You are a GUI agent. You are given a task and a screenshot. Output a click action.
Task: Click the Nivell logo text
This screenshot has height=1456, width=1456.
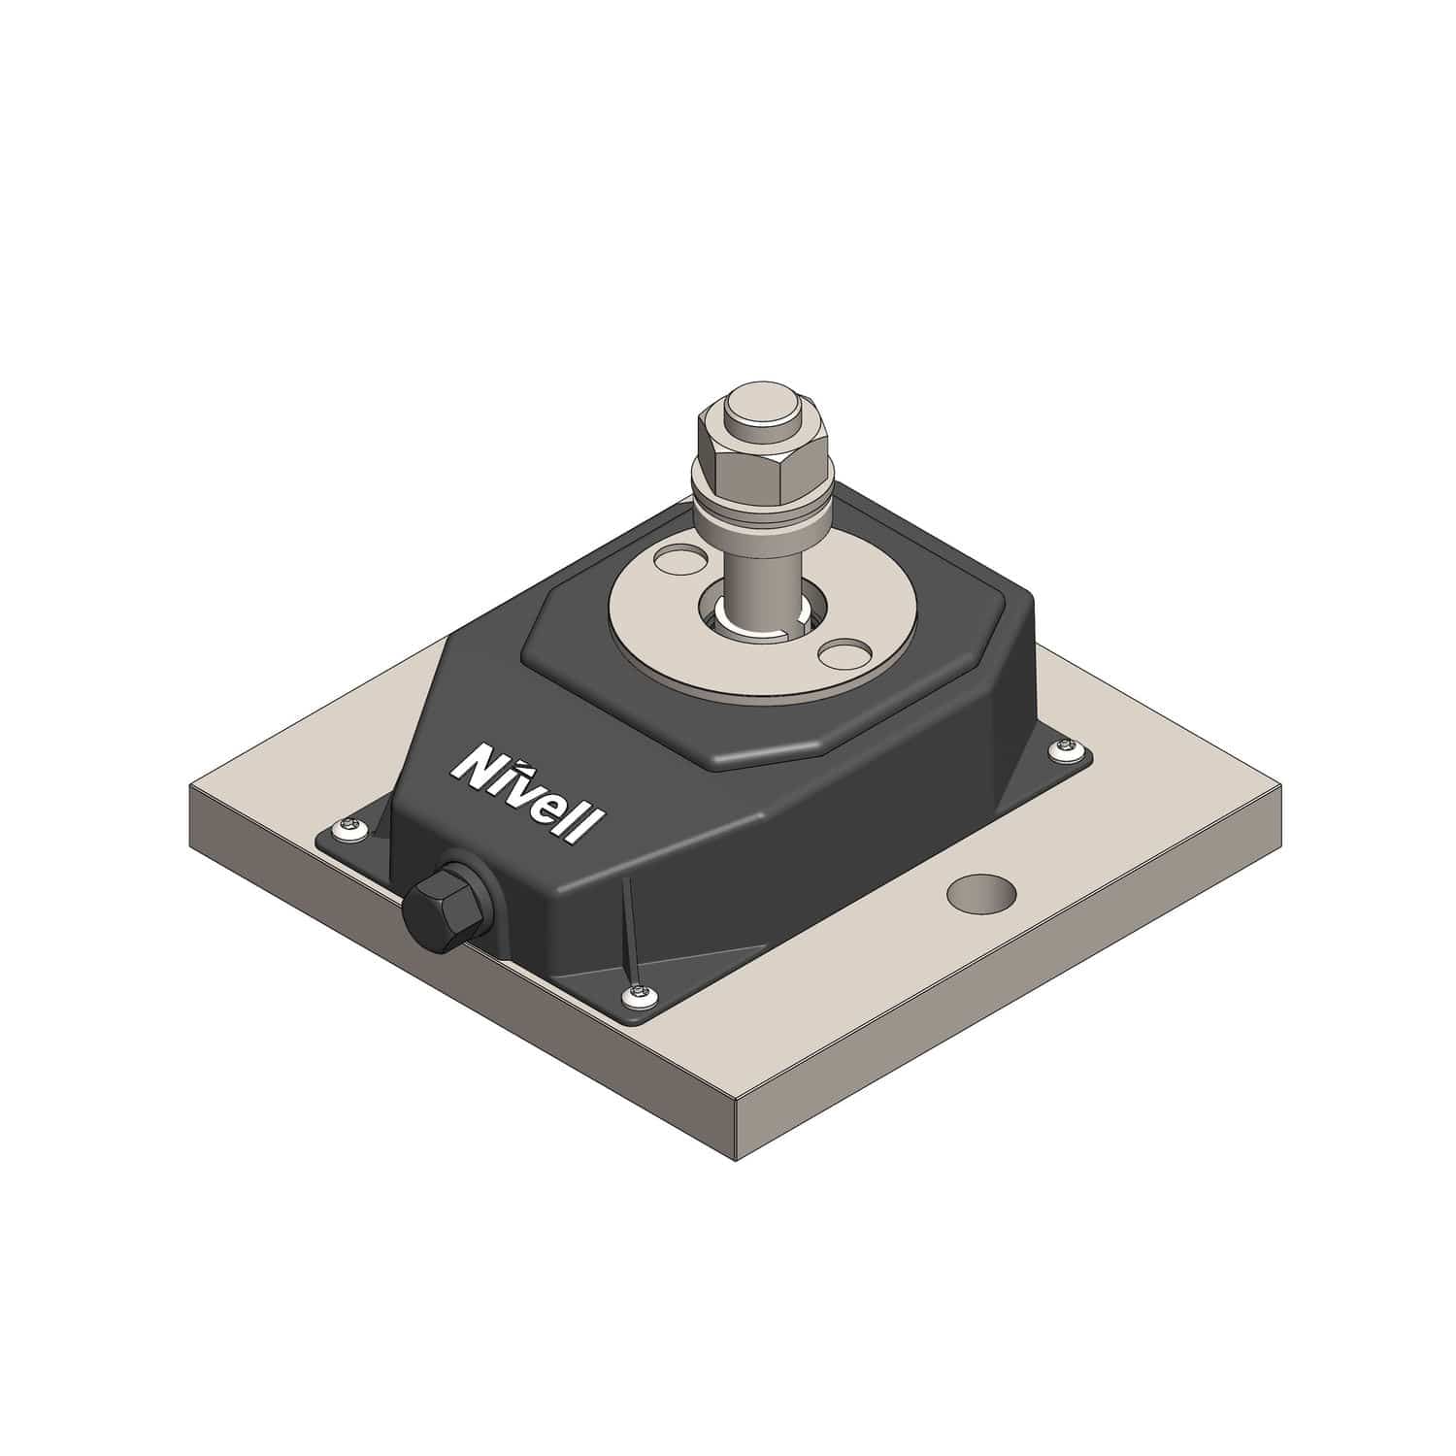coord(528,794)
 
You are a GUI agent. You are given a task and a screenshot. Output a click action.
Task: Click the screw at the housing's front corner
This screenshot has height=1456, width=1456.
coord(638,992)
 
